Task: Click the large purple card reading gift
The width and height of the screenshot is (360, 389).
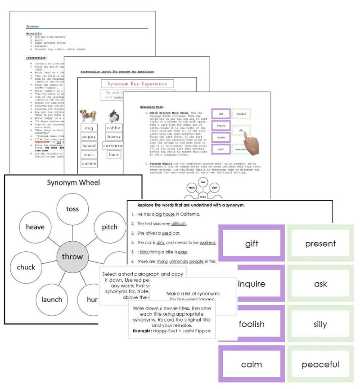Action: coord(252,244)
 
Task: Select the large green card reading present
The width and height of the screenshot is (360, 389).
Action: coord(320,244)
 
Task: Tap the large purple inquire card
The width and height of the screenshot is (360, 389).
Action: coord(252,284)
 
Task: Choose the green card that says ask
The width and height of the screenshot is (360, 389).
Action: coord(320,284)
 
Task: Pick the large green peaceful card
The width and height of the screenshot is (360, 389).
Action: coord(320,364)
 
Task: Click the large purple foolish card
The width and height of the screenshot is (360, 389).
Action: coord(252,324)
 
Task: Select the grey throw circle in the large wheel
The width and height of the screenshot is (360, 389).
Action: coord(72,256)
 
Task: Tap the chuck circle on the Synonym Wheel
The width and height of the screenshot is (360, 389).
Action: coord(26,267)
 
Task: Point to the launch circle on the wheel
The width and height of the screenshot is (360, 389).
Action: coord(51,299)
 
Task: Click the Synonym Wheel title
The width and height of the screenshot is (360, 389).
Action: coord(72,182)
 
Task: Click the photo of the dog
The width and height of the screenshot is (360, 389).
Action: coord(89,116)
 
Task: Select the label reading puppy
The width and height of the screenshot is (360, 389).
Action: coord(89,137)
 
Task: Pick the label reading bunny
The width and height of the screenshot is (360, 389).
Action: coord(114,137)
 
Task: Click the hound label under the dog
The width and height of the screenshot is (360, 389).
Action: coord(89,146)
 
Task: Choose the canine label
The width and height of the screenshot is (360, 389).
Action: coord(89,163)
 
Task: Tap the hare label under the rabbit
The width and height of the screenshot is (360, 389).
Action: coord(114,154)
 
